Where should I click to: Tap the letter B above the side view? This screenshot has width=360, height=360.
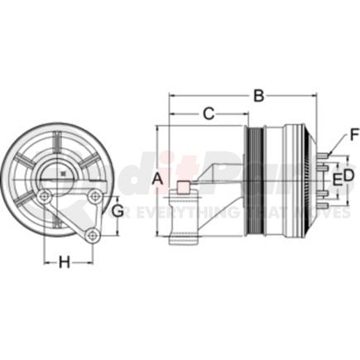(260, 95)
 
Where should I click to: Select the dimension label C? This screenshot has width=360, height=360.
(209, 112)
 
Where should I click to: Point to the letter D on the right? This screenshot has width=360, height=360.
(348, 175)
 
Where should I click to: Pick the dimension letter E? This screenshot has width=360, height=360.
(336, 179)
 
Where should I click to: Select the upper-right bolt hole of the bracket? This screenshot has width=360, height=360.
(97, 196)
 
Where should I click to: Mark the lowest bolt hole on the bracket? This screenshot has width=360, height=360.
(94, 238)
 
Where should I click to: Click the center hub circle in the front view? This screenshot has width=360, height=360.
(64, 175)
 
